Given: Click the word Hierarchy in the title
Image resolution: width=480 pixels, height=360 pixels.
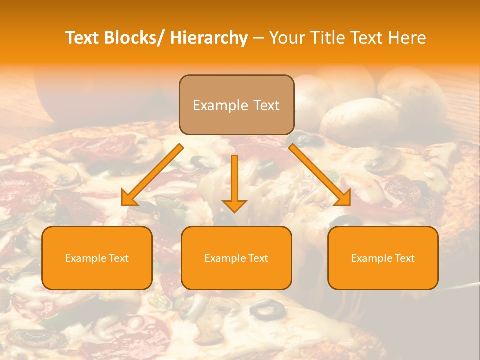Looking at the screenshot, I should pos(209,38).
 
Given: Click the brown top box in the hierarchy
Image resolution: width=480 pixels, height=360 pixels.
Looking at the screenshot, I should pos(236,105).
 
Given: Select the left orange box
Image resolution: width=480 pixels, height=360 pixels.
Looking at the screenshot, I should pos(97,258).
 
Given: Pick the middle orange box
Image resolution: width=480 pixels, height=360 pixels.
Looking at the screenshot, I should pos(236,258).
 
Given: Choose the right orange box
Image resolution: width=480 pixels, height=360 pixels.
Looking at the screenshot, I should pos(383,258).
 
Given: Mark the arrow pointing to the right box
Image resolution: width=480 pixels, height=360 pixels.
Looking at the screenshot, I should pos(320,175).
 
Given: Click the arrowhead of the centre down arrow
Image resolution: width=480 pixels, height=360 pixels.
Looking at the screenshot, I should pos(234,205).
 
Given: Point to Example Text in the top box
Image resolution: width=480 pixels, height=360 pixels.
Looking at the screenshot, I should pos(236,105).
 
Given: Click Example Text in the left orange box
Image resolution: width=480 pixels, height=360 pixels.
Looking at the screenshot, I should pos(97,258).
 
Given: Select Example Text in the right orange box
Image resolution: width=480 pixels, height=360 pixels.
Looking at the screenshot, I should pos(383,258).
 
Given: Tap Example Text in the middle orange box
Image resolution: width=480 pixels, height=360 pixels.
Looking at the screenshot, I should pos(236,258).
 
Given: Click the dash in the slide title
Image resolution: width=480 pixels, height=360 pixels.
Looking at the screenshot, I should pos(258,38).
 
